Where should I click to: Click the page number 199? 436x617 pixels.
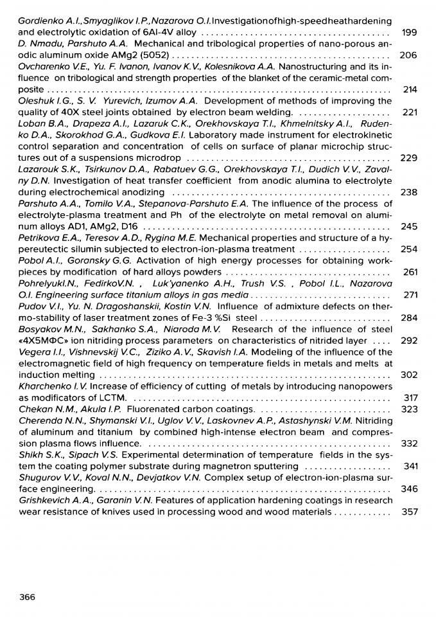[409, 32]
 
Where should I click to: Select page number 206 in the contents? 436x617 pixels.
[408, 55]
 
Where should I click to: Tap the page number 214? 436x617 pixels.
[410, 89]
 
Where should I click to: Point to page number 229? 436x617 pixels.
[409, 158]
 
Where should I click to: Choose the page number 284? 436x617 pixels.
[409, 317]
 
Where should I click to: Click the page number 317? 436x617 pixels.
[410, 398]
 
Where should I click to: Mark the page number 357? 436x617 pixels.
[409, 512]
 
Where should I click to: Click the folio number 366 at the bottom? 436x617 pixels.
[28, 597]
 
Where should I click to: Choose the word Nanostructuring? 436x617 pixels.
[315, 67]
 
